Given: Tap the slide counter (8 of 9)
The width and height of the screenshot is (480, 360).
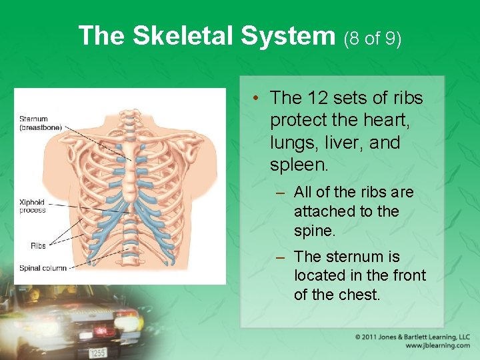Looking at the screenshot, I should [x=373, y=38].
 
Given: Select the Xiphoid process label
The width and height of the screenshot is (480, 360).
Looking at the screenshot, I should [x=32, y=206].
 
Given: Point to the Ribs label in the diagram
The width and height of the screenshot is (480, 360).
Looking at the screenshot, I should [x=38, y=245].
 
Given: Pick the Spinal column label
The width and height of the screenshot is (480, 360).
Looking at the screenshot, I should [x=43, y=268].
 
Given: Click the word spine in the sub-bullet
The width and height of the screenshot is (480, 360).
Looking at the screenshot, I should [x=313, y=231].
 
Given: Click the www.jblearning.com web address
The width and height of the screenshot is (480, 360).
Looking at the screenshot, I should [x=437, y=345].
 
